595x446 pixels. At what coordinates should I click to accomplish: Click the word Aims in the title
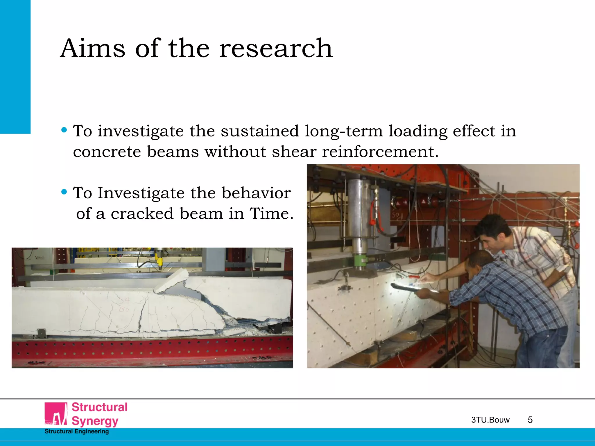[x=93, y=48]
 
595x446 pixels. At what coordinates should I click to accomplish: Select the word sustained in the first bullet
[x=260, y=131]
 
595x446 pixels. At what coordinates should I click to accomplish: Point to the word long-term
[x=344, y=132]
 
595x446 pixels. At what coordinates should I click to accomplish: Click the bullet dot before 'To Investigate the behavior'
[x=64, y=192]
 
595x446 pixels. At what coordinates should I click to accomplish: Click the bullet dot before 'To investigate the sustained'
[x=64, y=130]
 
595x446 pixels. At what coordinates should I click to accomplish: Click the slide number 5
[x=530, y=420]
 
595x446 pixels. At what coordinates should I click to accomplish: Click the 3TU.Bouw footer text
[x=490, y=420]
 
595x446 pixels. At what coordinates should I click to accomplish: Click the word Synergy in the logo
[x=95, y=421]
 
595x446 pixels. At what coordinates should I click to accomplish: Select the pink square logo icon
[x=56, y=413]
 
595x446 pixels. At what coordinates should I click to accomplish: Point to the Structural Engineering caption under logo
[x=77, y=431]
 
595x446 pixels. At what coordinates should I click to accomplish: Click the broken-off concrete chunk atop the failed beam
[x=171, y=280]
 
